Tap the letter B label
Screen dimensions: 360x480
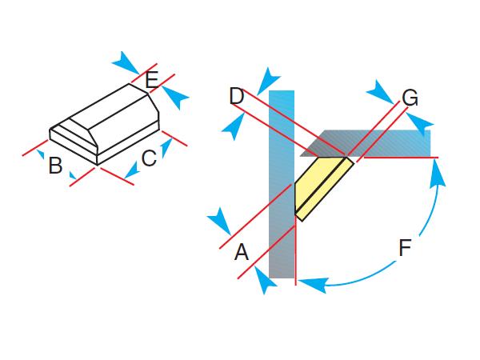pyautogui.click(x=55, y=166)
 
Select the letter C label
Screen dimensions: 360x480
pyautogui.click(x=148, y=158)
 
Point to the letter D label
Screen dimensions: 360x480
pyautogui.click(x=236, y=97)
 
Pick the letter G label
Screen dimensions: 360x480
pyautogui.click(x=410, y=98)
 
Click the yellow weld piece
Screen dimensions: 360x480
pyautogui.click(x=323, y=186)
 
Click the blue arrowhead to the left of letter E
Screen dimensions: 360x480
pyautogui.click(x=125, y=62)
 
